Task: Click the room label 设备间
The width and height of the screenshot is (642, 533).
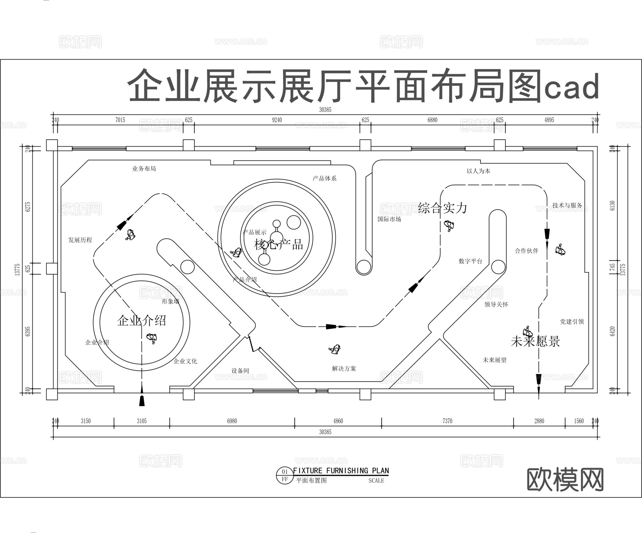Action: click(240, 371)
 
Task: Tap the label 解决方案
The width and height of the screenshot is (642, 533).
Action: click(344, 369)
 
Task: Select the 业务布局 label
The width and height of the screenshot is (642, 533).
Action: click(144, 169)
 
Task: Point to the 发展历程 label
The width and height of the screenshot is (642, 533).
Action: click(80, 240)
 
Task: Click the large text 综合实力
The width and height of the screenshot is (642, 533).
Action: click(443, 208)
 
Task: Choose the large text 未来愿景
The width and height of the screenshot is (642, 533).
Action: click(535, 342)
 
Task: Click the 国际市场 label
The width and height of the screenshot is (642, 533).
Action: click(389, 219)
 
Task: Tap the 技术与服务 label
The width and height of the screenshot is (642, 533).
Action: click(567, 205)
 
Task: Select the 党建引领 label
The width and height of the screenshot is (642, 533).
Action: click(572, 322)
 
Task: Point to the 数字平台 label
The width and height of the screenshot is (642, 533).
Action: click(470, 261)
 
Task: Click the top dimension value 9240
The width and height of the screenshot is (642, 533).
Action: click(277, 120)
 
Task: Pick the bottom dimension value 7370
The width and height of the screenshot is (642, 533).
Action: click(447, 421)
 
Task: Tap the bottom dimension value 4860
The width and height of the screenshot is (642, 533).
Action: click(338, 421)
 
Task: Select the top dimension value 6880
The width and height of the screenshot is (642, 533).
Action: click(432, 120)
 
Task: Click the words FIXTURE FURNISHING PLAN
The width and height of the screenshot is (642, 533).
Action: click(341, 471)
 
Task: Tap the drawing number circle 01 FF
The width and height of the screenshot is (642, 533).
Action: click(284, 476)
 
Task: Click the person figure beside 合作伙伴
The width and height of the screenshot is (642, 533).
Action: click(560, 250)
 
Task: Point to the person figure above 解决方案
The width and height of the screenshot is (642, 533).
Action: click(335, 349)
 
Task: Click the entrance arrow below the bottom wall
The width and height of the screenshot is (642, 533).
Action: click(142, 400)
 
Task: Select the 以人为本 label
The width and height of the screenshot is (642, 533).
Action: click(478, 171)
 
